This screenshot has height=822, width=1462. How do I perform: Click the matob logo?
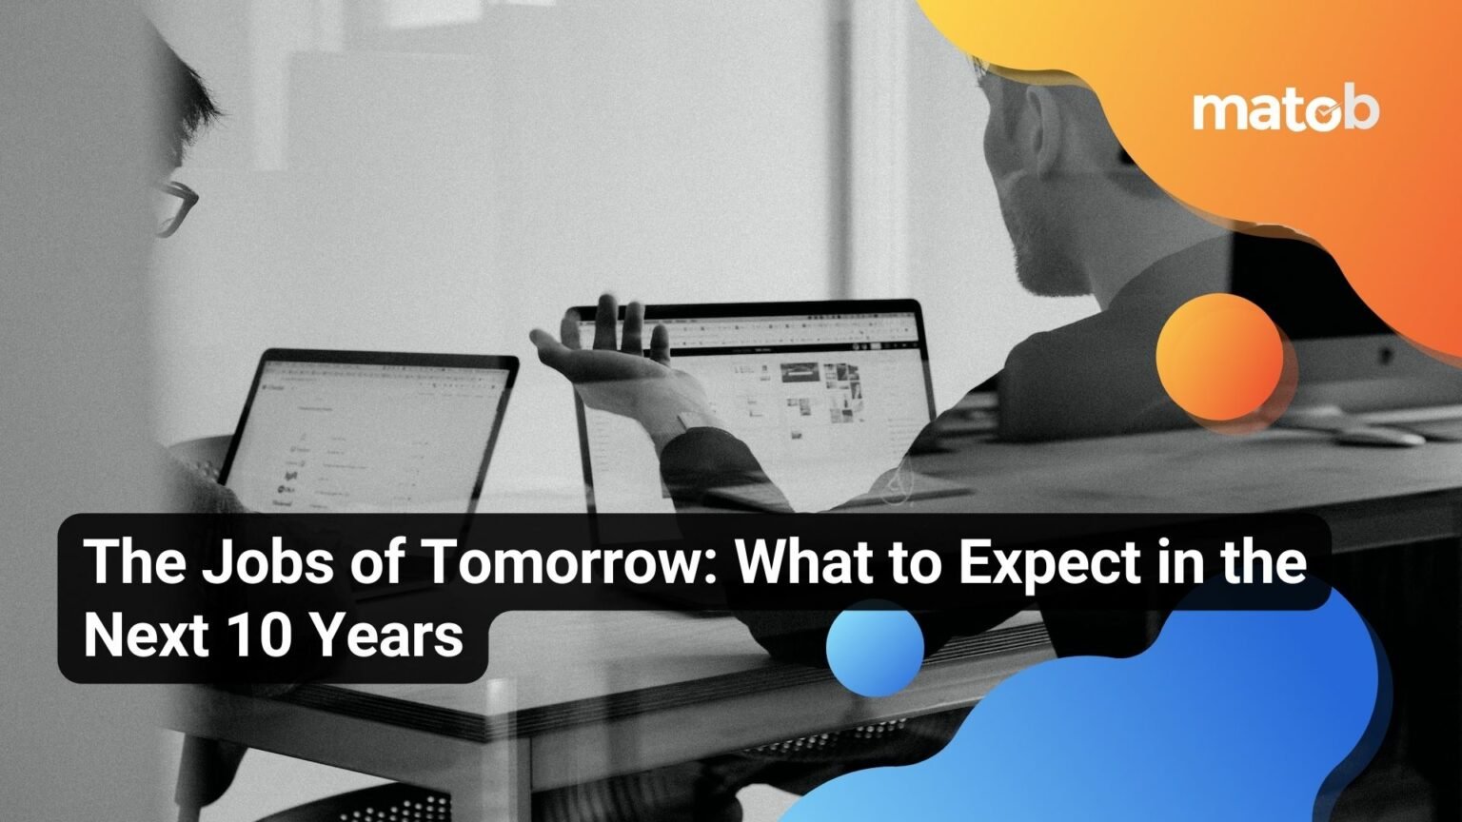[1285, 110]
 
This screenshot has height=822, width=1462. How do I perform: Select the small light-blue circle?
[875, 647]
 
